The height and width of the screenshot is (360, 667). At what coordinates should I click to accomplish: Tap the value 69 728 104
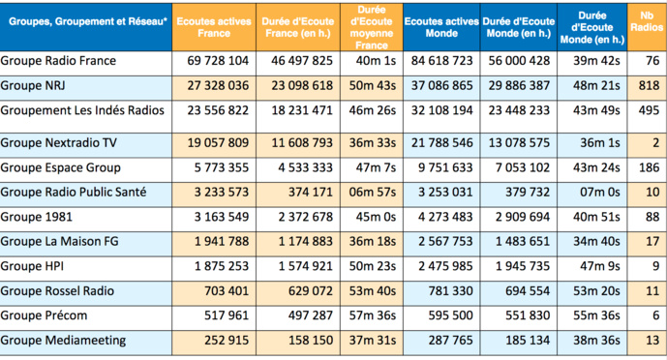point(217,61)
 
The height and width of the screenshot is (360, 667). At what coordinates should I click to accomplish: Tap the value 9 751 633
point(440,166)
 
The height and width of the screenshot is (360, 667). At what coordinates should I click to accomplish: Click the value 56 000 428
point(517,61)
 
